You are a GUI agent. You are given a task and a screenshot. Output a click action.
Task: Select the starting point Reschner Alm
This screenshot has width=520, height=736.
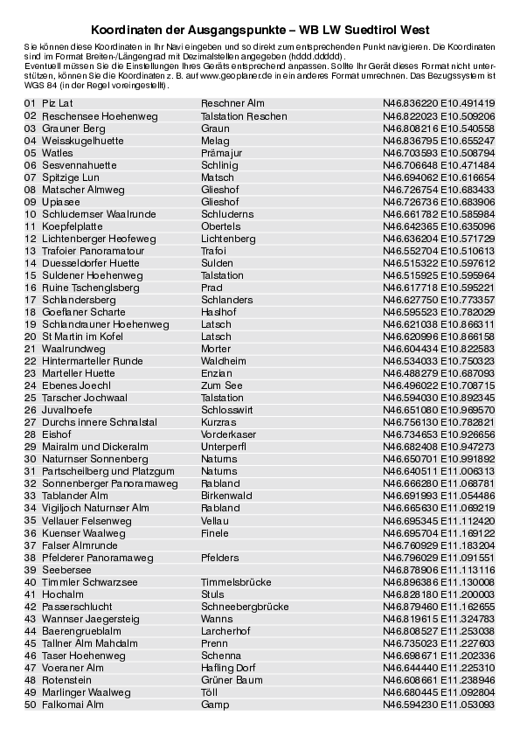(x=232, y=103)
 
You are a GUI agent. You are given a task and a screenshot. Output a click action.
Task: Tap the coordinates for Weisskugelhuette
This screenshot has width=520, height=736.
(x=439, y=140)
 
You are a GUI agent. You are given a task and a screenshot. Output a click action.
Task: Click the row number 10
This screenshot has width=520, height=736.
(x=31, y=213)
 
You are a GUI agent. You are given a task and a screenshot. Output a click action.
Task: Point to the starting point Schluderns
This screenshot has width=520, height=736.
(x=227, y=213)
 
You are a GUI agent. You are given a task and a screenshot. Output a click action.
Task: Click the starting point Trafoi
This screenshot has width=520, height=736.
(x=214, y=250)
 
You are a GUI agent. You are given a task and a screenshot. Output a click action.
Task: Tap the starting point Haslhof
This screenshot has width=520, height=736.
(x=218, y=311)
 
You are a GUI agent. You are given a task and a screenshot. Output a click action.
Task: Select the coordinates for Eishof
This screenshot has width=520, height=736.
(x=439, y=434)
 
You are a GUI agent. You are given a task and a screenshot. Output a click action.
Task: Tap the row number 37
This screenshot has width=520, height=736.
(x=31, y=545)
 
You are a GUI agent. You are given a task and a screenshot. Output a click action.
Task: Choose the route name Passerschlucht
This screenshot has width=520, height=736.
(x=77, y=606)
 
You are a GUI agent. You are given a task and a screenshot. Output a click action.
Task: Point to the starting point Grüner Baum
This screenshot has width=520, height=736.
(x=232, y=679)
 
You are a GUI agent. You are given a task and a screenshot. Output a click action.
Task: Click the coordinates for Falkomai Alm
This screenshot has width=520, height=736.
(x=439, y=704)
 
